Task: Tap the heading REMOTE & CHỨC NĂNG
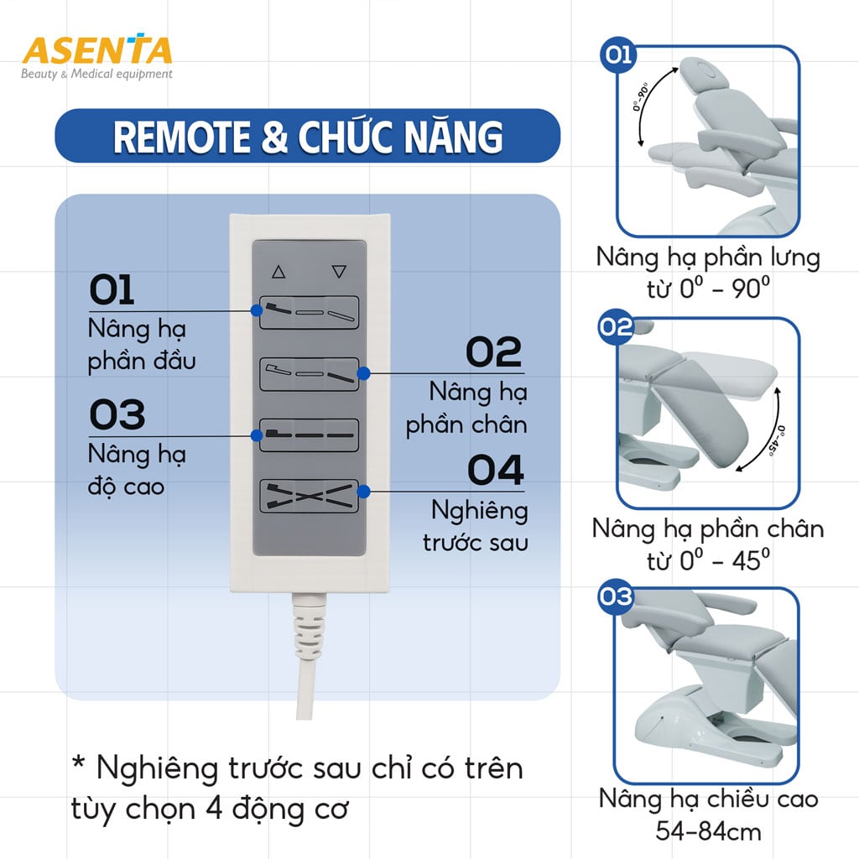[308, 137]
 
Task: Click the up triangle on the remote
[279, 272]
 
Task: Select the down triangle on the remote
[339, 272]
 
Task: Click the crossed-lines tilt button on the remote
[309, 496]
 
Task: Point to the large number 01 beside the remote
[112, 292]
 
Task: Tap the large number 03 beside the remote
[117, 415]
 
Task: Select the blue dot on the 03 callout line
[255, 435]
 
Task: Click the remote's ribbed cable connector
[309, 626]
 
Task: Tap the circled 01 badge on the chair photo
[618, 56]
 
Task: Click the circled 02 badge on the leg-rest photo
[616, 327]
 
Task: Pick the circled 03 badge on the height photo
[616, 597]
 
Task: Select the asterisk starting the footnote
[79, 766]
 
